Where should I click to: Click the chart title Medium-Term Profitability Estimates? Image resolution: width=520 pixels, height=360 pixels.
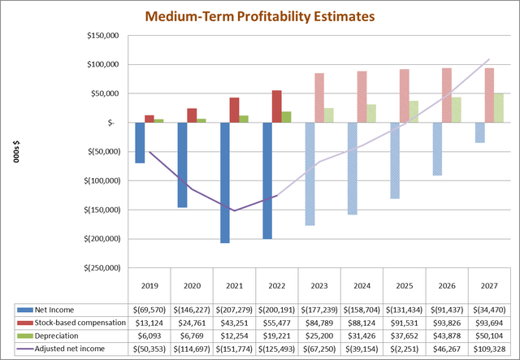click(x=260, y=15)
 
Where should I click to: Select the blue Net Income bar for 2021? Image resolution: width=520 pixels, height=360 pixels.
click(x=224, y=182)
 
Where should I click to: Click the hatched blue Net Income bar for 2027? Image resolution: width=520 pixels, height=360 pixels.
click(x=479, y=132)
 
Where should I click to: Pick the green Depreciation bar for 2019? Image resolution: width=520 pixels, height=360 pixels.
click(x=159, y=120)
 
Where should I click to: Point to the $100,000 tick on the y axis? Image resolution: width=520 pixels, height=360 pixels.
click(x=102, y=64)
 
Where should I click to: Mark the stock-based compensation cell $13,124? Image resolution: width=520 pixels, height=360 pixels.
click(x=149, y=323)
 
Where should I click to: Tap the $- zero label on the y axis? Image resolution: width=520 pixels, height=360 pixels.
click(x=114, y=123)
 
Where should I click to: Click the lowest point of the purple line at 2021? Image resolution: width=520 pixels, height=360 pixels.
click(x=234, y=210)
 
